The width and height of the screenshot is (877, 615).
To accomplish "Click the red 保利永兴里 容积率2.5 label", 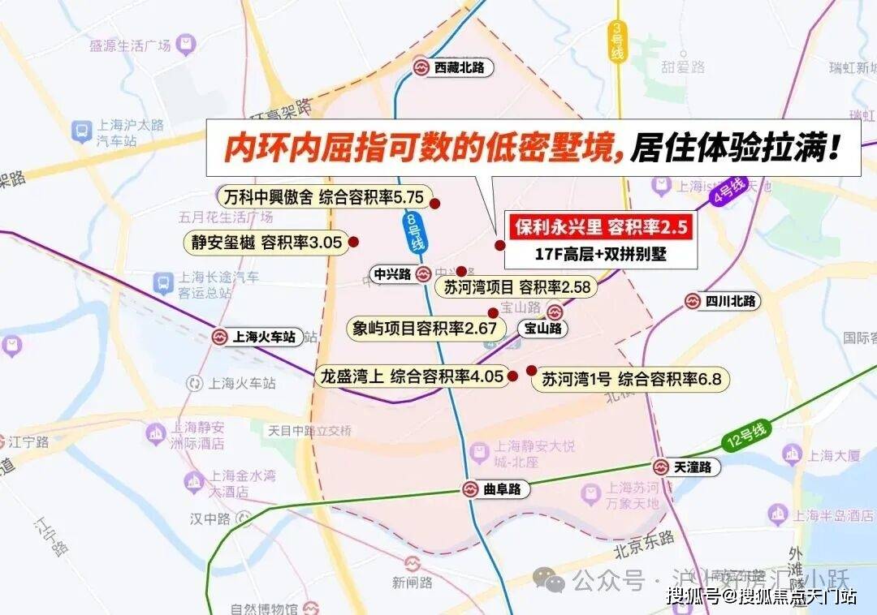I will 601,226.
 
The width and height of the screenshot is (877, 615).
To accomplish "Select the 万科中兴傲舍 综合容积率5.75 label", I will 322,197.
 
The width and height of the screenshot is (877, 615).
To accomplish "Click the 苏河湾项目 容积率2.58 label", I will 516,286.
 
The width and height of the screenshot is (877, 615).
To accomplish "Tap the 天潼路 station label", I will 686,467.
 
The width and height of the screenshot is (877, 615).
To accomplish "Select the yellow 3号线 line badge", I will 617,44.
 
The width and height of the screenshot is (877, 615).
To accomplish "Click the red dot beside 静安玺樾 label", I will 354,241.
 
